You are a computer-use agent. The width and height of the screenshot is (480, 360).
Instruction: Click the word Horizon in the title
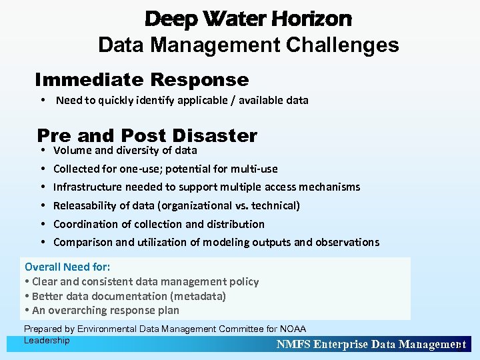(311, 19)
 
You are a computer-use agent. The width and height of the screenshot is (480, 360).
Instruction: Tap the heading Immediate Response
(142, 80)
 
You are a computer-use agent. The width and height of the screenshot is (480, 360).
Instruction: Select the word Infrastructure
(87, 187)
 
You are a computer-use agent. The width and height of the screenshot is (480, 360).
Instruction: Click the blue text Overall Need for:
(67, 267)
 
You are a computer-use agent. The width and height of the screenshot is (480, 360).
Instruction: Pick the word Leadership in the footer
(47, 341)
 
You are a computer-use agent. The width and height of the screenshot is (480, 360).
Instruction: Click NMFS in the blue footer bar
(293, 345)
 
